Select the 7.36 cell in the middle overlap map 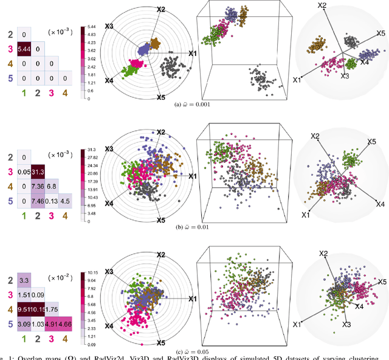(38, 185)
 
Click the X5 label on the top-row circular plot (160, 97)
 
